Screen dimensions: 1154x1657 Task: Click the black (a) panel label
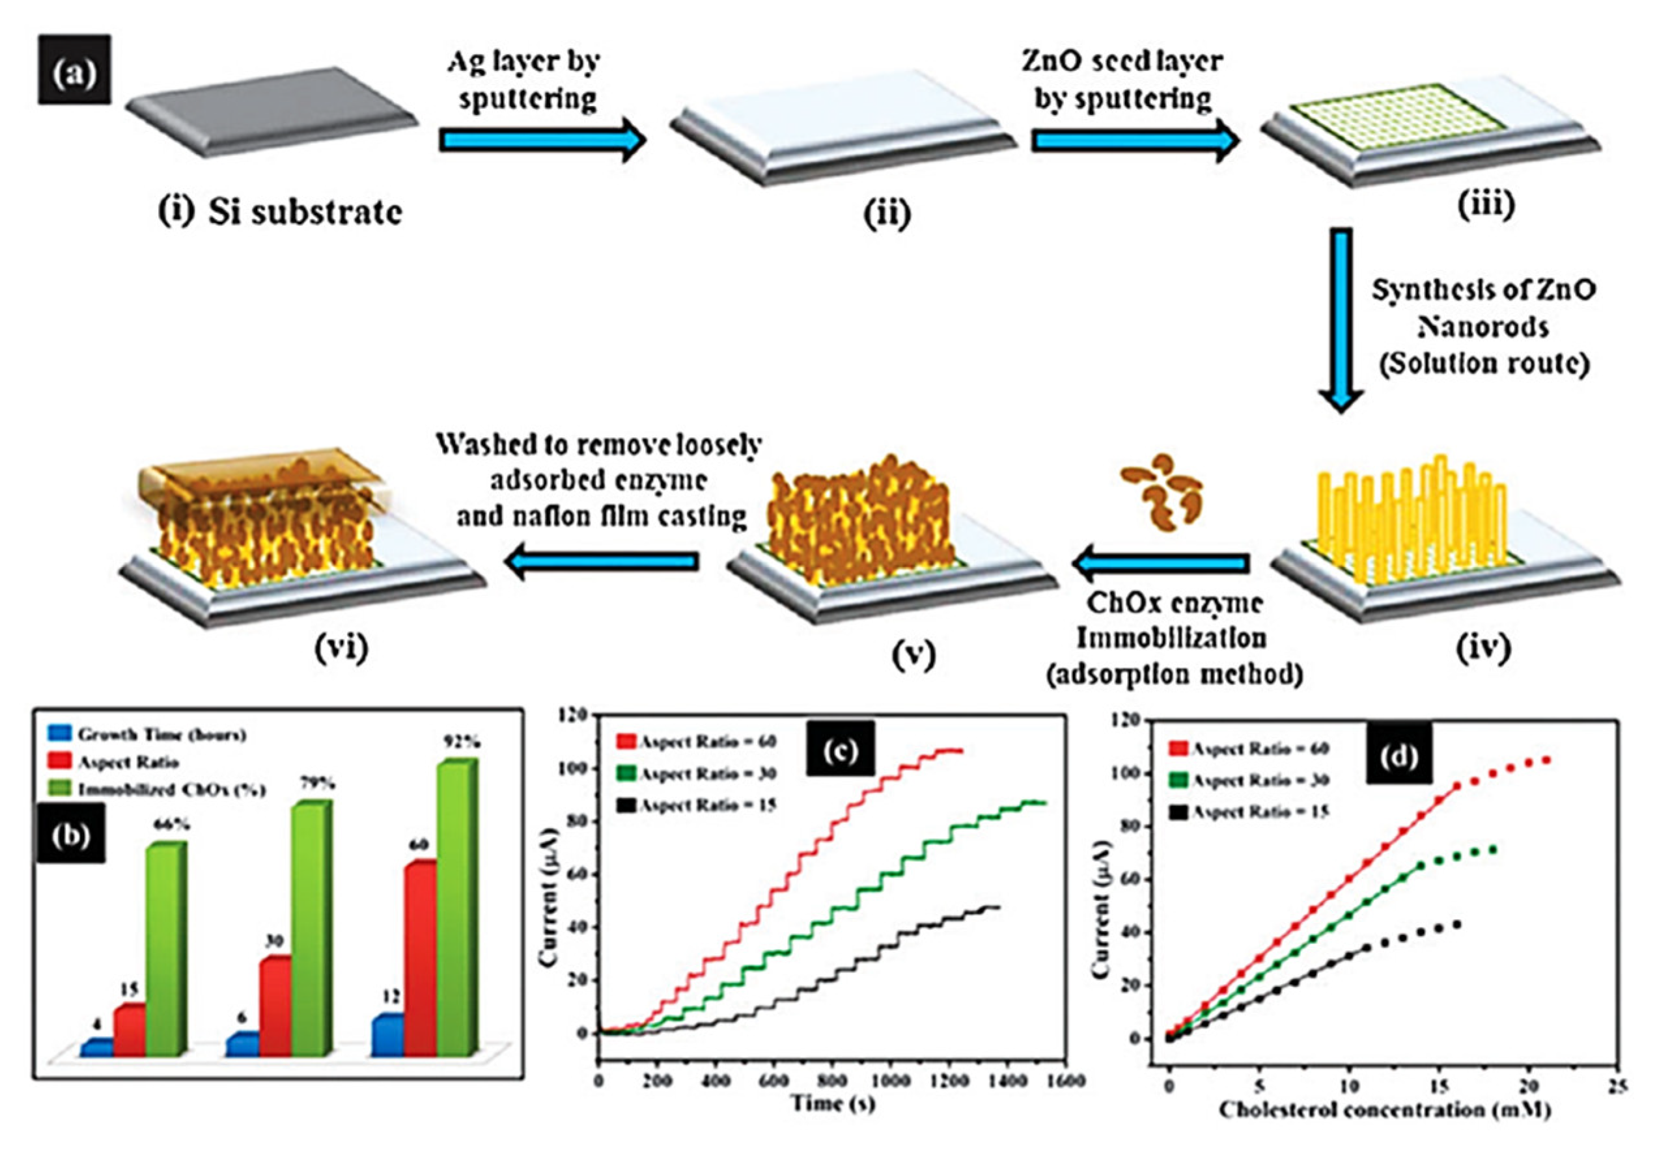[x=74, y=70]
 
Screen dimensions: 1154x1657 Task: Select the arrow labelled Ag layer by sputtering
[x=541, y=141]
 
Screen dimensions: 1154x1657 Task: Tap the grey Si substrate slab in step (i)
[x=271, y=108]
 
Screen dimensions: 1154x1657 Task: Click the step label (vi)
[x=341, y=648]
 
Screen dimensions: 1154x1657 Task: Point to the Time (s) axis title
[x=833, y=1103]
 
